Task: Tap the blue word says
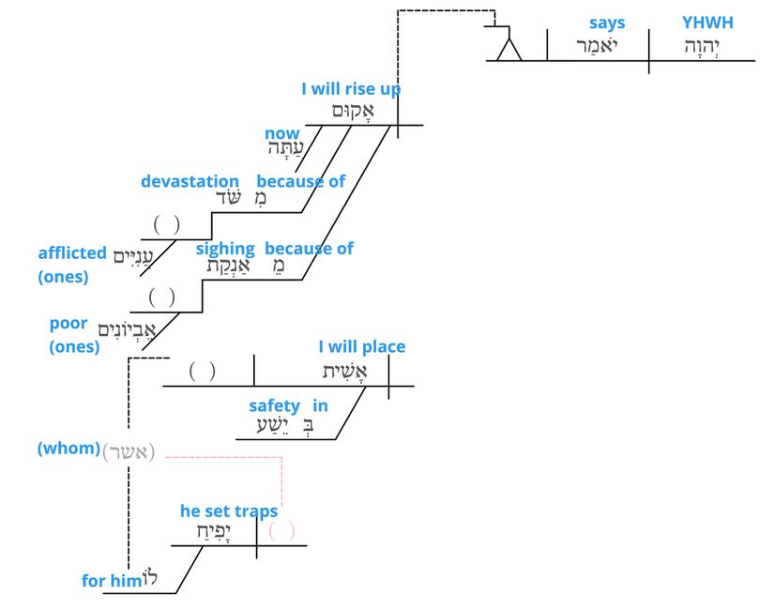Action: click(607, 23)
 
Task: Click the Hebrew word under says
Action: click(598, 45)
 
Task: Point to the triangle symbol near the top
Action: click(508, 50)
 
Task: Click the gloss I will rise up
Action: click(351, 90)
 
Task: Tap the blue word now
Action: click(282, 134)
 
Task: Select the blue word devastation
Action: click(190, 181)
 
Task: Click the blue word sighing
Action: click(225, 249)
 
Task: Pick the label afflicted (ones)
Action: click(71, 264)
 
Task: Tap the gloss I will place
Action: click(362, 346)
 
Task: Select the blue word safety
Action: click(274, 405)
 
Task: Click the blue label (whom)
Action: click(68, 449)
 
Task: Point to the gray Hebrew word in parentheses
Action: click(129, 450)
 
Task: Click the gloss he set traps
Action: click(229, 511)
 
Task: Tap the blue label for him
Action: click(111, 581)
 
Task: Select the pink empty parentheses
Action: click(281, 531)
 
